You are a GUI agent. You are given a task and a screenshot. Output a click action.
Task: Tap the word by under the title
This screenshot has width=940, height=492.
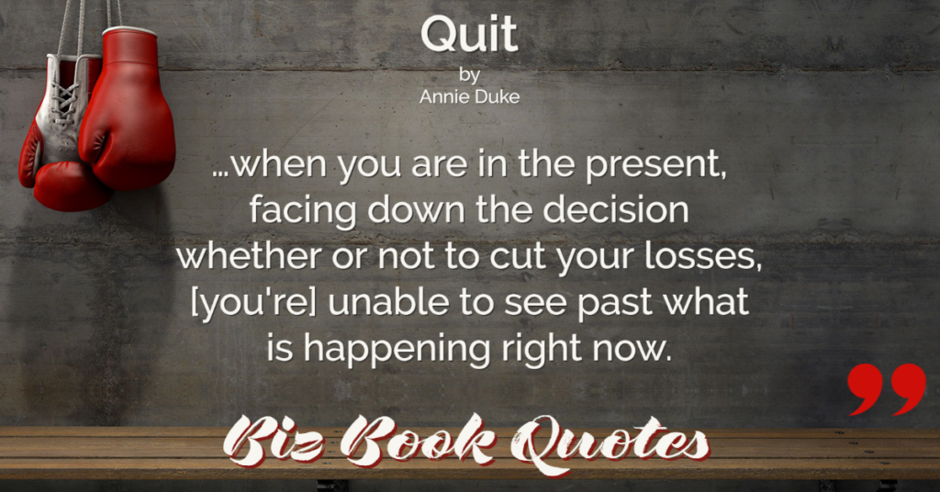click(x=469, y=75)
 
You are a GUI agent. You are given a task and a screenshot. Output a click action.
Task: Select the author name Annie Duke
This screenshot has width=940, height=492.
click(x=469, y=97)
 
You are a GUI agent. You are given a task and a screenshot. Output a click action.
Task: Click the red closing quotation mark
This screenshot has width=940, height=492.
click(x=887, y=389)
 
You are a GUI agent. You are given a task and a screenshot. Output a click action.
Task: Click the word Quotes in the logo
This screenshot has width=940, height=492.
click(x=609, y=445)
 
